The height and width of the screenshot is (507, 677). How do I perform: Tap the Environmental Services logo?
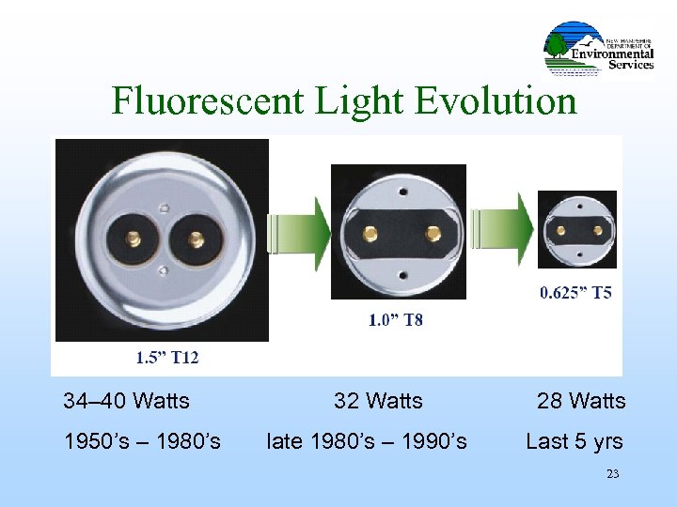click(599, 50)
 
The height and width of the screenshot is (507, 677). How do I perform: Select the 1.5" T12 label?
click(168, 357)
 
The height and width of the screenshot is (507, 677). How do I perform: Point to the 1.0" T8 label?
click(395, 320)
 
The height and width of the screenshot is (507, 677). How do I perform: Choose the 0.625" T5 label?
click(575, 293)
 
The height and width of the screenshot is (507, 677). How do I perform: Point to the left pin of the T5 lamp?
click(560, 230)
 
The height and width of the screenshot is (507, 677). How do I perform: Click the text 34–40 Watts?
click(126, 402)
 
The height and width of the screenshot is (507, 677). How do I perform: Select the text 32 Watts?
click(378, 402)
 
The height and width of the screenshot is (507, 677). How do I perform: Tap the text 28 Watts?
click(580, 402)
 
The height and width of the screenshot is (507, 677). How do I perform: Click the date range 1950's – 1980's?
click(142, 441)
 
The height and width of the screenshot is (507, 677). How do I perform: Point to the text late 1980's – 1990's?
click(367, 441)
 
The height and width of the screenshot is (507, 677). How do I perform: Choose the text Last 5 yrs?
click(574, 441)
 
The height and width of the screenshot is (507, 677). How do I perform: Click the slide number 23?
click(612, 474)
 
